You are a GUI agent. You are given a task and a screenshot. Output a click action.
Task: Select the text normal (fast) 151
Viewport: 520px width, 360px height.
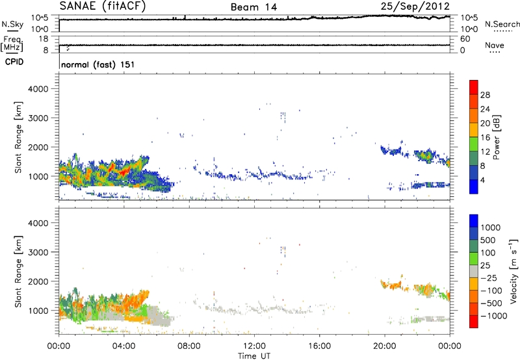click(97, 65)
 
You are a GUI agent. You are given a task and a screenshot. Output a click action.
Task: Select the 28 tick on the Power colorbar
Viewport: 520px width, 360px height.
click(485, 94)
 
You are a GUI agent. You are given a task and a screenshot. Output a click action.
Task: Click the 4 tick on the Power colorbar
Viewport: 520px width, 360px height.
click(483, 179)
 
